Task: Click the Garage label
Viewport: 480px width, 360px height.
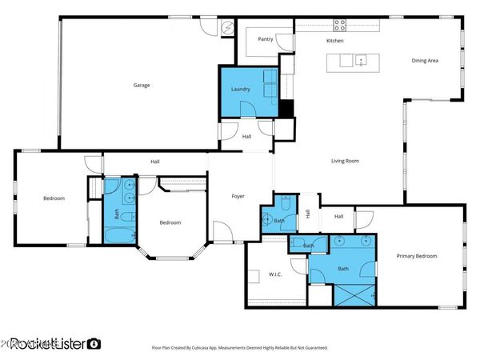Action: (142, 85)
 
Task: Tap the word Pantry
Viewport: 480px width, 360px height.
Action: (264, 38)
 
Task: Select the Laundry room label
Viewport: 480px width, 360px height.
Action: (240, 89)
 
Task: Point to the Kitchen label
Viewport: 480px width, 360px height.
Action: (334, 40)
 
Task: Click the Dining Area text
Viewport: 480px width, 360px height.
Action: (424, 60)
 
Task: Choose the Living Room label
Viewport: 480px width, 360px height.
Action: (345, 161)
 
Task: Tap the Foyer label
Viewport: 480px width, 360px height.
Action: (238, 196)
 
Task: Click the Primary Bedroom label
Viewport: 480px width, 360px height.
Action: (417, 256)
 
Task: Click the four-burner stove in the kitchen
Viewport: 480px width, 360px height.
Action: (339, 25)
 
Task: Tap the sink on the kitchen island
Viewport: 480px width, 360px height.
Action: (362, 59)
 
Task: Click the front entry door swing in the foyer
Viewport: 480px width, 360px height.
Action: (223, 233)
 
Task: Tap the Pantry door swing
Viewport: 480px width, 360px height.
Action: (284, 45)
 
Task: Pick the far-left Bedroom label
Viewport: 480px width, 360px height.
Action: (54, 198)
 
